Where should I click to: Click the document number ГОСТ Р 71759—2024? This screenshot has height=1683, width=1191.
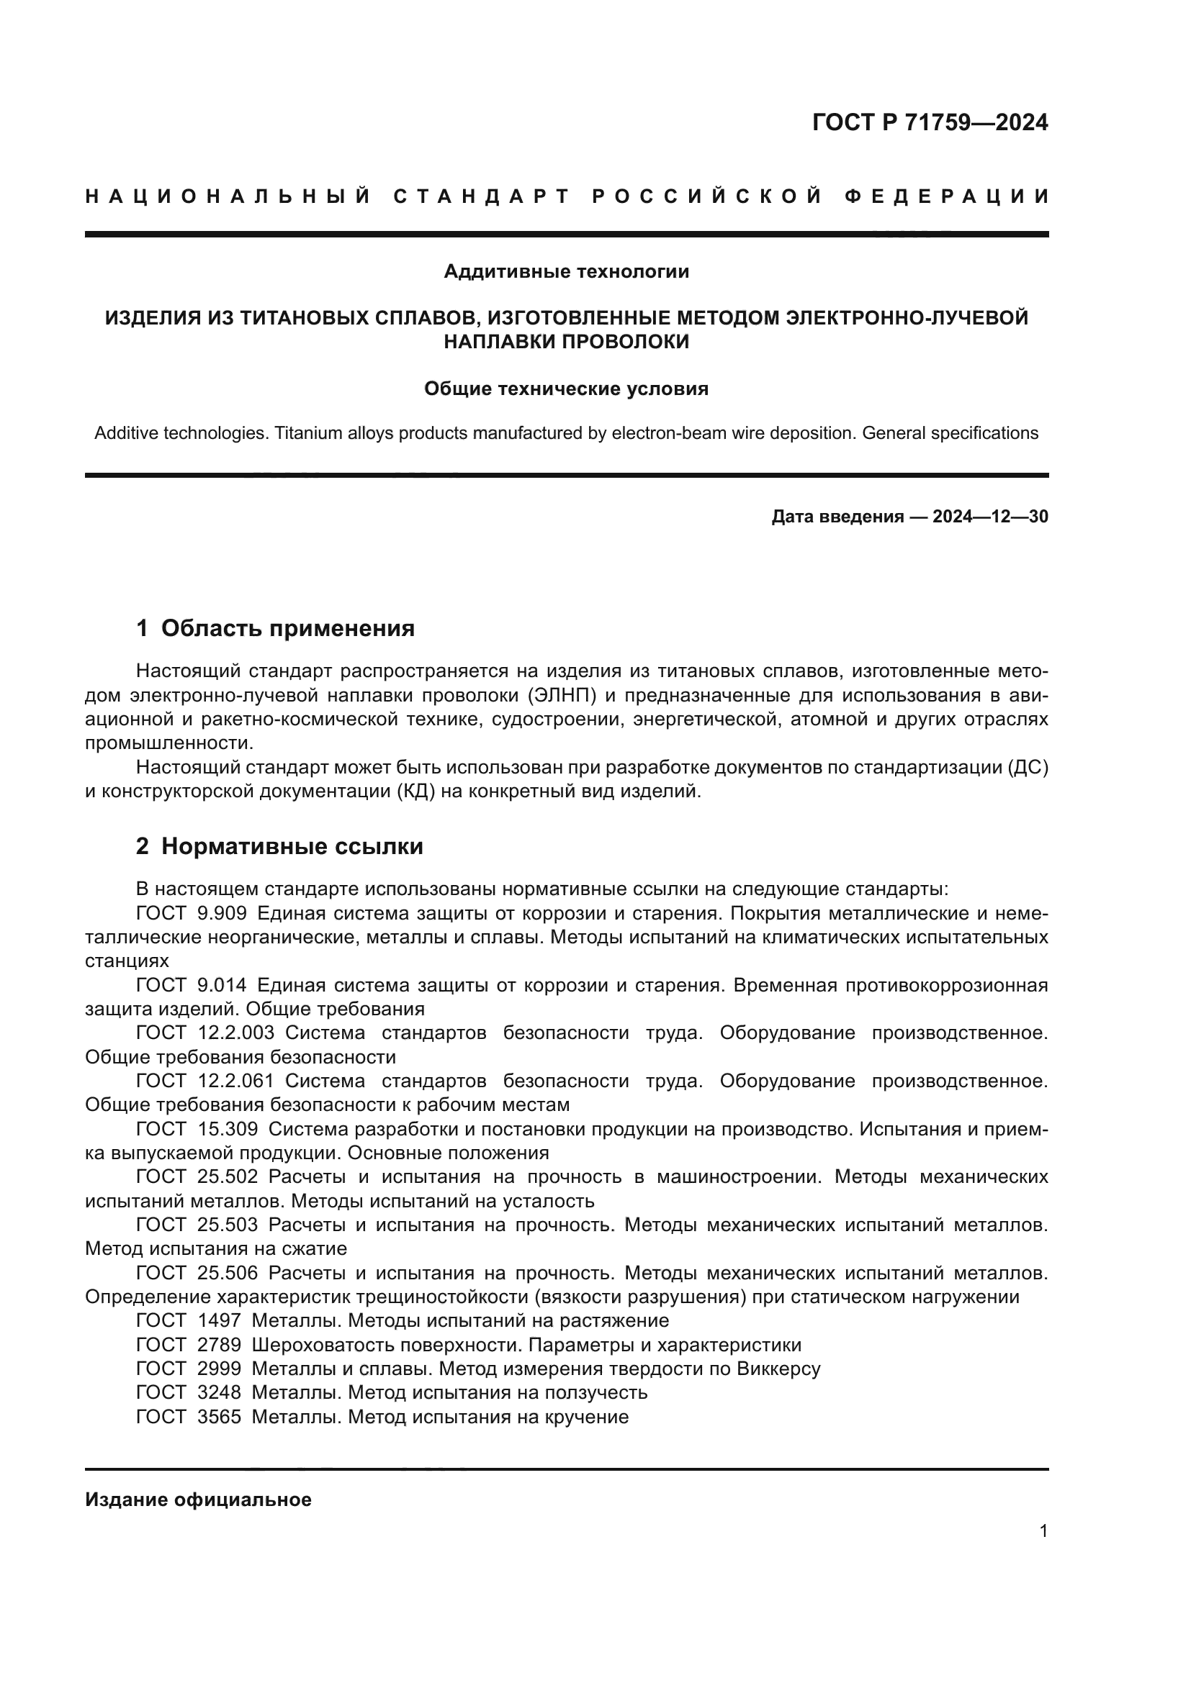(930, 122)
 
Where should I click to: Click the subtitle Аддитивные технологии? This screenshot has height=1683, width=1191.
(566, 272)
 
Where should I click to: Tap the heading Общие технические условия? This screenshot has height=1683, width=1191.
(566, 389)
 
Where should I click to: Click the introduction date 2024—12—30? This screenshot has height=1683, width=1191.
(990, 517)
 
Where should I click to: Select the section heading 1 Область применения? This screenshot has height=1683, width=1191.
(276, 628)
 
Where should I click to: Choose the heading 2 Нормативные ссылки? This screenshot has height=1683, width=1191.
(279, 847)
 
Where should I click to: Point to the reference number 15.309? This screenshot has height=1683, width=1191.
(228, 1129)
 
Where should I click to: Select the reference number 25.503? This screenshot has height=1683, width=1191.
(228, 1225)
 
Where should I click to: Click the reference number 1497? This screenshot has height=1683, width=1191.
(220, 1321)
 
